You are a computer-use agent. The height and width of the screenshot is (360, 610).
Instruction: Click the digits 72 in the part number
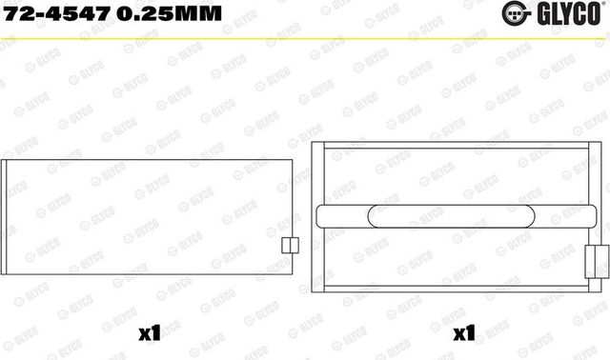tap(16, 14)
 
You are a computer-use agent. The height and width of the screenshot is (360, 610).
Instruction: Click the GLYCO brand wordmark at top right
tap(572, 14)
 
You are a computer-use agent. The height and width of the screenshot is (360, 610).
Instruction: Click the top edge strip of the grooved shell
tap(457, 147)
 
